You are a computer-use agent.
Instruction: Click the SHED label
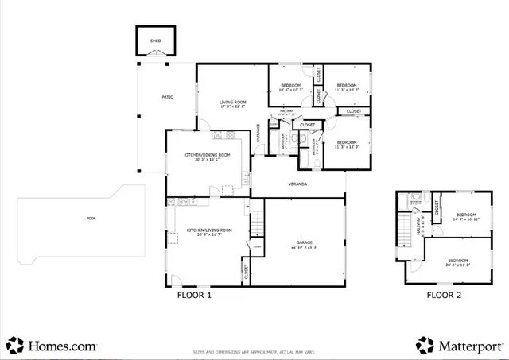[x=155, y=40]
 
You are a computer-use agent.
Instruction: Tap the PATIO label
[x=168, y=97]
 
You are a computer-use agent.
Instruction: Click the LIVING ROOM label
[x=232, y=103]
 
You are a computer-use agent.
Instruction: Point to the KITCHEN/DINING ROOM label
[x=207, y=155]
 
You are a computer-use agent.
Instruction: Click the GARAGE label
[x=305, y=243]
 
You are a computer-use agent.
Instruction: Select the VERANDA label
[x=297, y=184]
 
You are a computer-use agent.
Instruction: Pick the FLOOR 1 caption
[x=194, y=295]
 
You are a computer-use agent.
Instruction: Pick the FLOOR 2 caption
[x=444, y=295]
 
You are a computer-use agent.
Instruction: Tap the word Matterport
[x=469, y=346]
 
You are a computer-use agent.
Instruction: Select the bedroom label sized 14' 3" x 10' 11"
[x=465, y=216]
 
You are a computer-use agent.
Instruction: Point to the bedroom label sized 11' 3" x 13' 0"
[x=346, y=144]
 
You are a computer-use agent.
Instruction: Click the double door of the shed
[x=155, y=54]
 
